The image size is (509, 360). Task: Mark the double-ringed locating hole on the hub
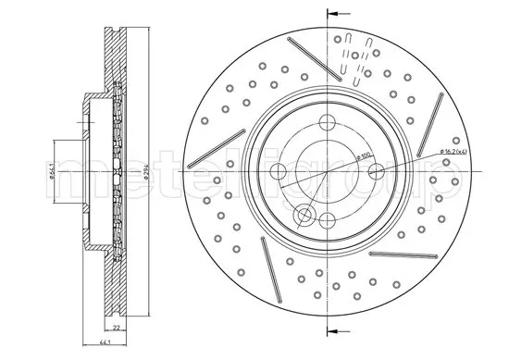tap(303, 217)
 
